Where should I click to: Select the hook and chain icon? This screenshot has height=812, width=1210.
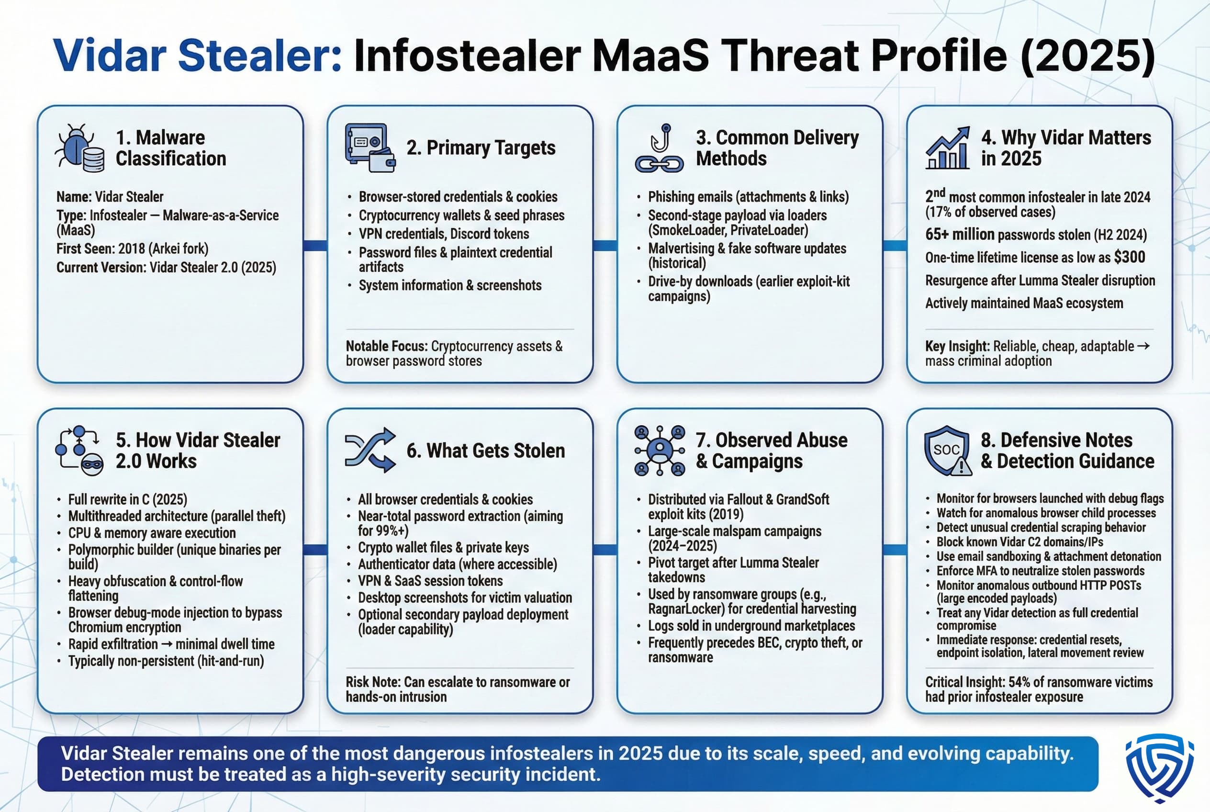[x=659, y=148]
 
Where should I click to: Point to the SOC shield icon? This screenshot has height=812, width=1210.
[x=947, y=451]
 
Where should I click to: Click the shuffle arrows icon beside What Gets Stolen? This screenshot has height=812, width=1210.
[x=370, y=450]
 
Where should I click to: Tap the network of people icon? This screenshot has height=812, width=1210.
[x=659, y=451]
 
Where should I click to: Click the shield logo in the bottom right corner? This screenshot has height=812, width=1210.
[x=1159, y=767]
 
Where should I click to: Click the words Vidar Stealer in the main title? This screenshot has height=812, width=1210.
[x=197, y=56]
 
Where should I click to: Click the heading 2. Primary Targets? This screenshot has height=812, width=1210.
[x=481, y=148]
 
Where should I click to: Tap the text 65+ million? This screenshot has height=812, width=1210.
[x=959, y=235]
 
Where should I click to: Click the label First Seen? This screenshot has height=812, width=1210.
[x=85, y=249]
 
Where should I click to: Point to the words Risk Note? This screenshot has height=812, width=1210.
[x=373, y=682]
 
